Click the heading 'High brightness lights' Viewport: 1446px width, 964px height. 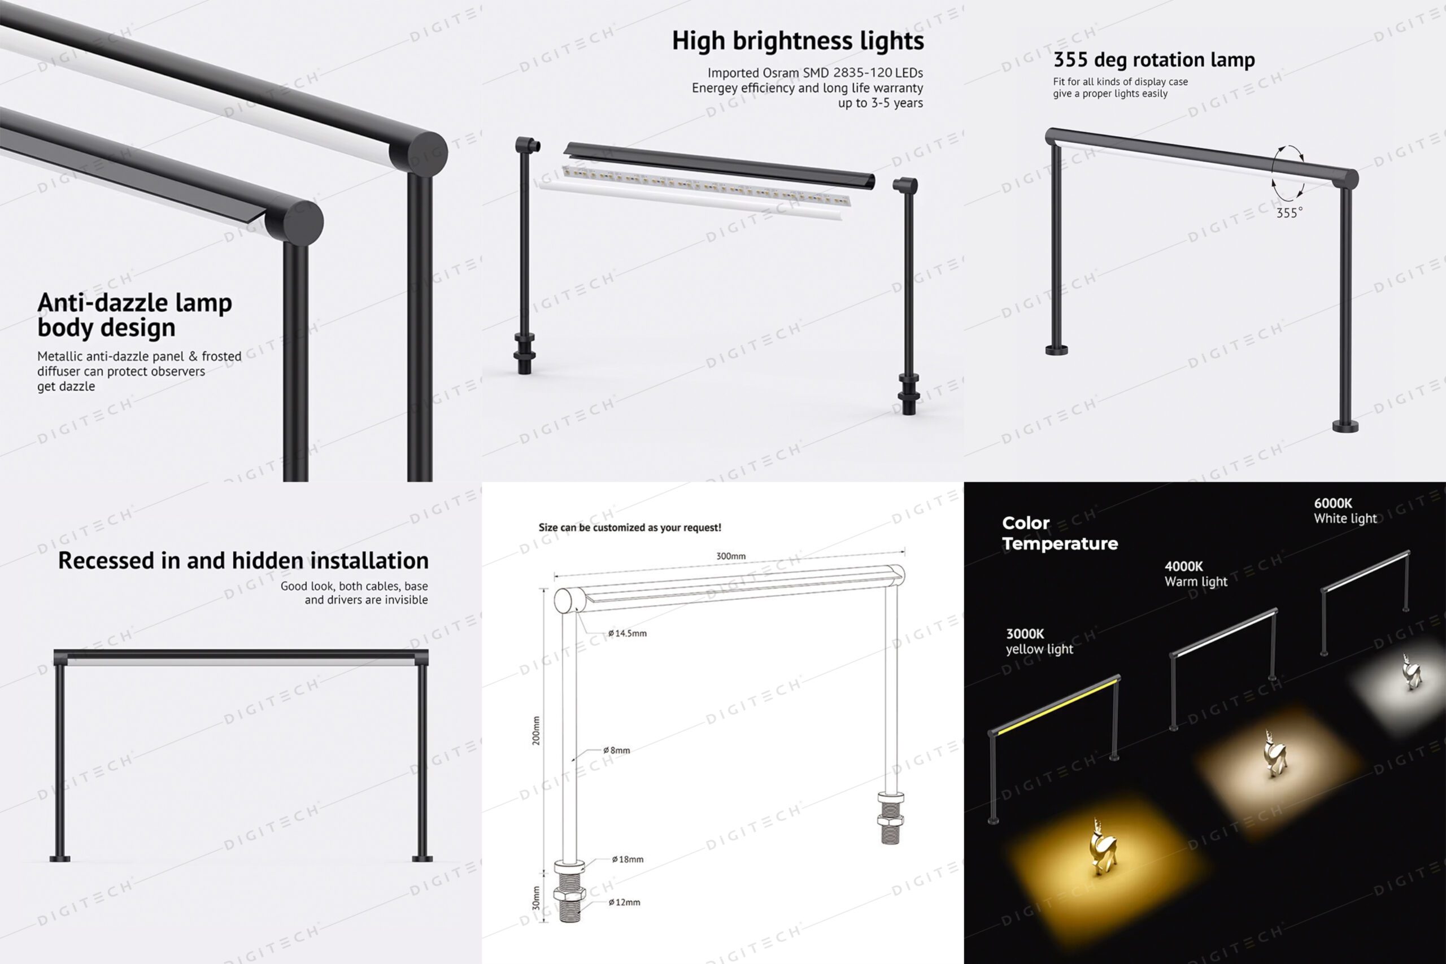(x=798, y=41)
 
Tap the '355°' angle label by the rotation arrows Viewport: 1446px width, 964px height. (x=1289, y=213)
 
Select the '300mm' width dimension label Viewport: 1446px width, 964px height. (x=731, y=556)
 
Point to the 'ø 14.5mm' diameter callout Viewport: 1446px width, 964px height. (x=627, y=633)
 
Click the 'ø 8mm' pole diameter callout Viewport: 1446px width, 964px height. (x=616, y=750)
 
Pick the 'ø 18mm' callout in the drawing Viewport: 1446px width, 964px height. (x=628, y=860)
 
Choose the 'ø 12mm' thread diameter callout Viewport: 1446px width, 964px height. (x=624, y=902)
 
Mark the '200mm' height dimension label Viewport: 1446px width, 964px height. (x=536, y=731)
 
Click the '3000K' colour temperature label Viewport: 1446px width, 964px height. (x=1025, y=634)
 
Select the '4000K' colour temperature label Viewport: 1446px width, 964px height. (x=1183, y=566)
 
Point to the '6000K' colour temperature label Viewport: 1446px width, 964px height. (x=1333, y=504)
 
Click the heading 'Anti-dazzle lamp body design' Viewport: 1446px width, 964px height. (x=134, y=315)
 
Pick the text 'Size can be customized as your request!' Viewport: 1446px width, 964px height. (x=630, y=527)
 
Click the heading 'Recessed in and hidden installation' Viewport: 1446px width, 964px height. (x=243, y=561)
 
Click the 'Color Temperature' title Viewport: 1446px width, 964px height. (x=1060, y=533)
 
